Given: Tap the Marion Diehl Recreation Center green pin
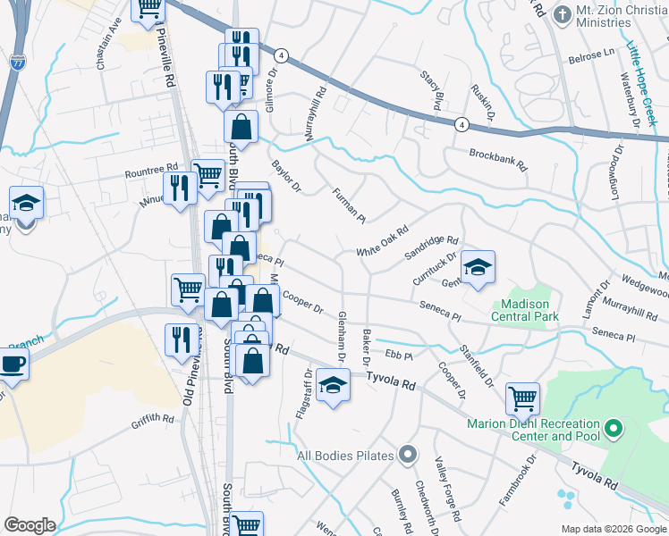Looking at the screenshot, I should click(614, 430).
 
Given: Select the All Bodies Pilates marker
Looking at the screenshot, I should click(408, 455).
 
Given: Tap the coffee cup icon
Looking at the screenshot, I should click(13, 364).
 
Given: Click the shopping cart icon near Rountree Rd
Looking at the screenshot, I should click(207, 175).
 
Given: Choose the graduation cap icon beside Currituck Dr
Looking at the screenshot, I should click(478, 267).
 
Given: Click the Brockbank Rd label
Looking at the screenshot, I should click(498, 159).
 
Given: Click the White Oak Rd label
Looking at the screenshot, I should click(382, 242).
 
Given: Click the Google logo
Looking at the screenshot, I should click(30, 525).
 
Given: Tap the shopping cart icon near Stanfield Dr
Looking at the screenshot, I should click(522, 398).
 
